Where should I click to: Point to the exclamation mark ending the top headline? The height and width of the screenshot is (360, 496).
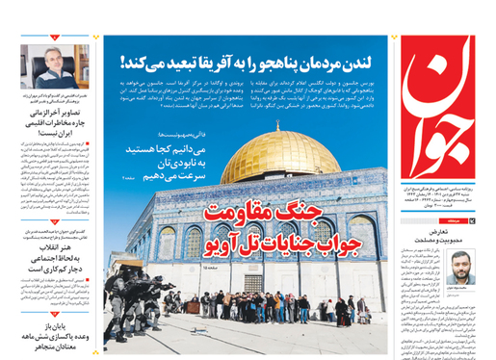coord(123,64)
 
